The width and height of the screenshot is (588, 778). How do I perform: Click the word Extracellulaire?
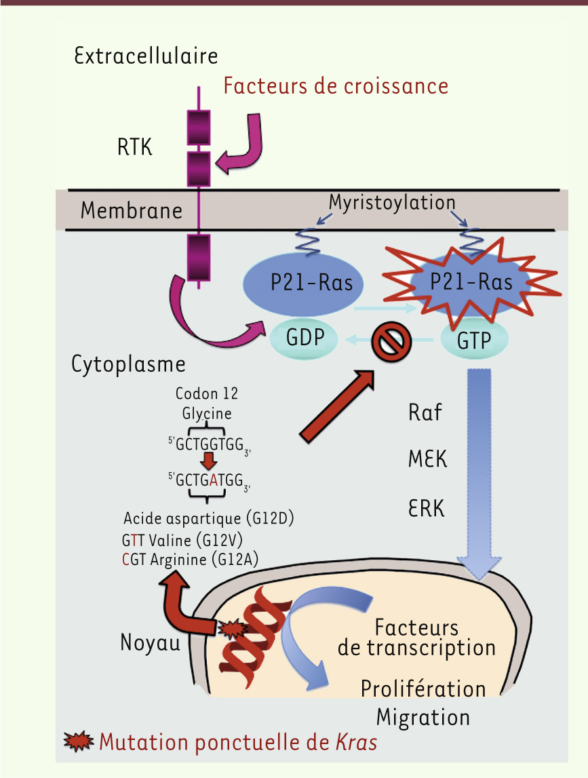pos(146,56)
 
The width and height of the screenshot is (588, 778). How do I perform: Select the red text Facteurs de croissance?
pos(336,86)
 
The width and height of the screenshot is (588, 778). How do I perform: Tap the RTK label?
pos(135,146)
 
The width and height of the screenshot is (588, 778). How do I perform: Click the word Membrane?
pos(132,210)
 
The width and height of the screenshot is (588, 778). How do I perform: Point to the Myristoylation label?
pos(392,202)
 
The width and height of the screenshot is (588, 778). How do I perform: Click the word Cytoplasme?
pos(129,364)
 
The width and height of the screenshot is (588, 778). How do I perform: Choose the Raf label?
pos(425,412)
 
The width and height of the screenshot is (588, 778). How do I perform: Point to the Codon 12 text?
pos(207,394)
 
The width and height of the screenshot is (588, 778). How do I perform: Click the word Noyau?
pos(151,642)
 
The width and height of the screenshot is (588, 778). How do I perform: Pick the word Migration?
pos(423,717)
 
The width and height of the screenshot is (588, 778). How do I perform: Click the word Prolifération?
pos(423,688)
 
